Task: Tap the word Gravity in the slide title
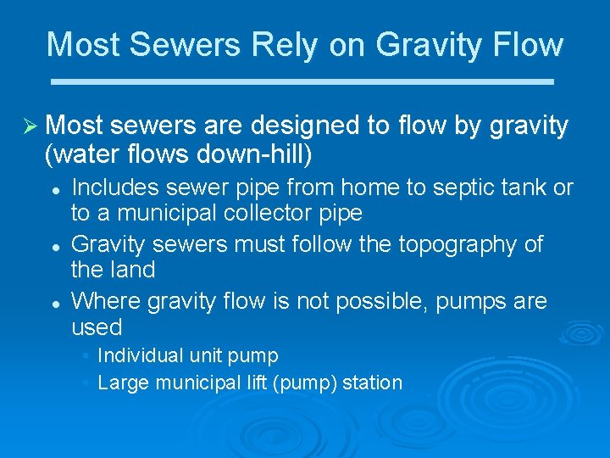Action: [x=435, y=44]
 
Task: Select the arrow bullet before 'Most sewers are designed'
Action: [x=27, y=126]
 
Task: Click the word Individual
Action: [x=141, y=355]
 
